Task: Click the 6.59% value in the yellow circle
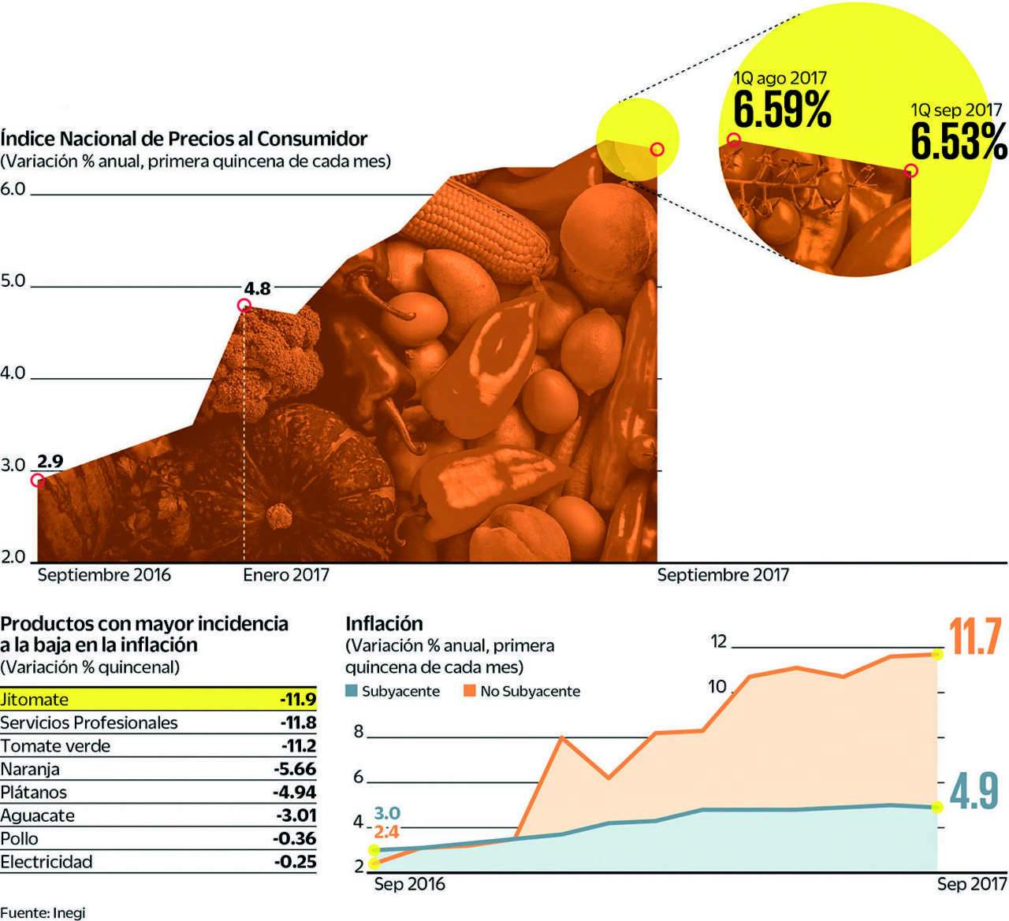tap(782, 110)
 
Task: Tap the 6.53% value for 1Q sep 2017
tap(959, 141)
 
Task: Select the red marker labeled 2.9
tap(38, 481)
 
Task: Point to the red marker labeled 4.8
tap(244, 306)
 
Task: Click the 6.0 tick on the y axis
tap(13, 189)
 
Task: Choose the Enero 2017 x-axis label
tap(285, 575)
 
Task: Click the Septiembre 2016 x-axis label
tap(104, 575)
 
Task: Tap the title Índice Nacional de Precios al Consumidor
tap(184, 139)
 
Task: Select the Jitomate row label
tap(35, 700)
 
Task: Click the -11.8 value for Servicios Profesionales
tap(298, 722)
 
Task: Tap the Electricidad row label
tap(47, 862)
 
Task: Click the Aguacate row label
tap(37, 815)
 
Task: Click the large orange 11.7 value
tap(975, 637)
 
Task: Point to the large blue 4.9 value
tap(975, 792)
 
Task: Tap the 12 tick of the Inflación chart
tap(718, 641)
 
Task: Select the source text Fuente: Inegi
tap(43, 913)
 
